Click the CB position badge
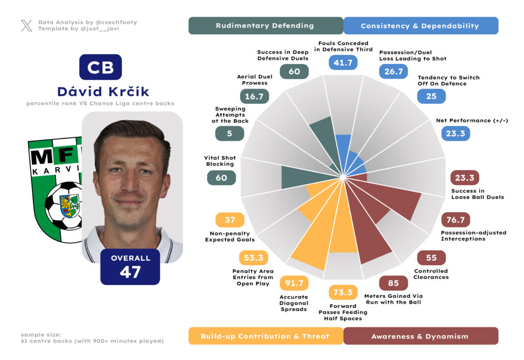pyautogui.click(x=100, y=67)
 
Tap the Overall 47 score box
pyautogui.click(x=130, y=266)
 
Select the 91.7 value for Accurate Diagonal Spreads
pyautogui.click(x=294, y=283)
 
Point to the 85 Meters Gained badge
pyautogui.click(x=393, y=283)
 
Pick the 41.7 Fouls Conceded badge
pyautogui.click(x=342, y=63)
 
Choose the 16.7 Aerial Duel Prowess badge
pyautogui.click(x=254, y=96)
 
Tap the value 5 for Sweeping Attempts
pyautogui.click(x=230, y=134)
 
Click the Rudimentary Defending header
pyautogui.click(x=265, y=26)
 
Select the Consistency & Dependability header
pyautogui.click(x=420, y=26)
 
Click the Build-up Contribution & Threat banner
pyautogui.click(x=265, y=336)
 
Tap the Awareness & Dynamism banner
pyautogui.click(x=420, y=336)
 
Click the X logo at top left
pyautogui.click(x=27, y=26)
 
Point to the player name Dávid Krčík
pyautogui.click(x=103, y=92)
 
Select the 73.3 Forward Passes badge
pyautogui.click(x=342, y=292)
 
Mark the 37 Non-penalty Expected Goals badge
pyautogui.click(x=230, y=220)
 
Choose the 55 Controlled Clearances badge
pyautogui.click(x=431, y=258)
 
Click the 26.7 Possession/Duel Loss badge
pyautogui.click(x=393, y=71)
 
